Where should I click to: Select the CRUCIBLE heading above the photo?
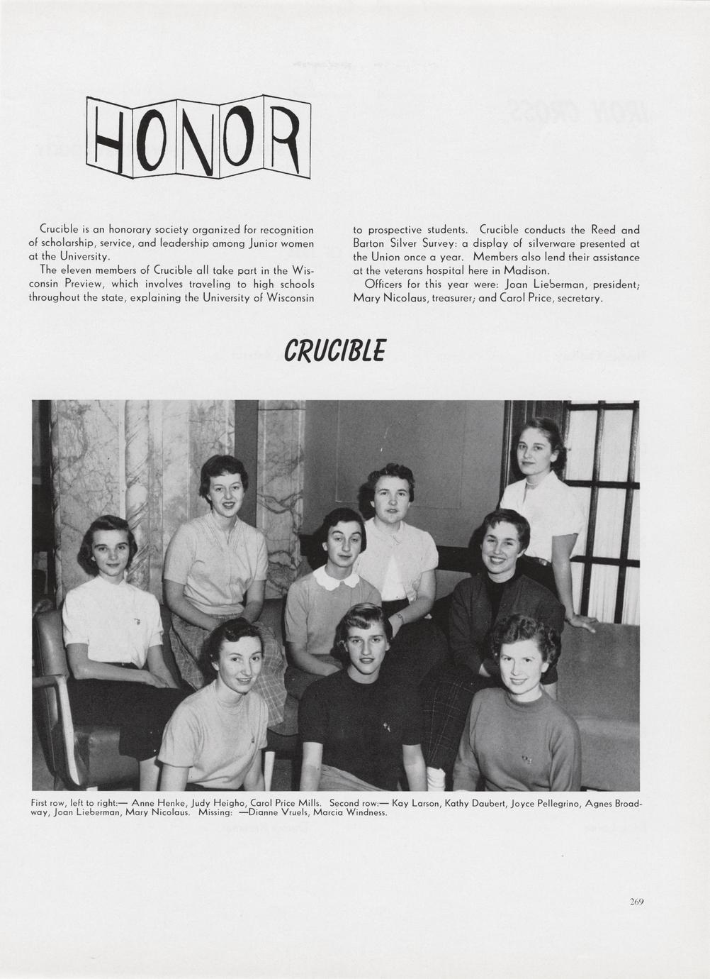click(x=334, y=350)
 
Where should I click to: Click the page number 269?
click(x=636, y=902)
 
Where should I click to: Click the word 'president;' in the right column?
click(x=616, y=284)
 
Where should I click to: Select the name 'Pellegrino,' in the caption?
click(x=546, y=803)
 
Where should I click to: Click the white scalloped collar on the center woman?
click(x=337, y=577)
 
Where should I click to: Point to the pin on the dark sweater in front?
click(x=386, y=726)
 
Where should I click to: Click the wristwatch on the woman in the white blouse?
click(x=401, y=619)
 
